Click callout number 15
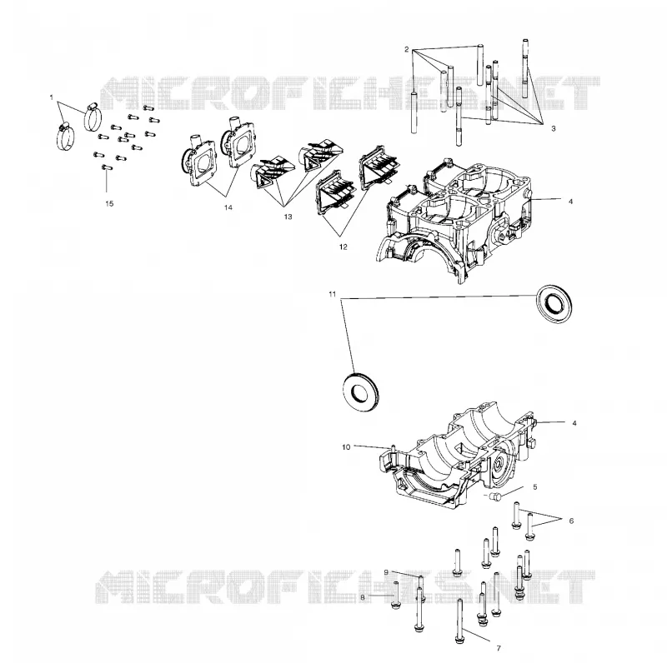click(x=109, y=203)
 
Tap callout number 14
click(x=228, y=207)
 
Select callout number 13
click(x=288, y=217)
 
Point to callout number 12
click(x=344, y=247)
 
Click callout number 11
click(x=333, y=294)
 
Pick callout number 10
click(x=346, y=447)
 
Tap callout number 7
click(x=499, y=649)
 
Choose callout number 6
click(x=571, y=521)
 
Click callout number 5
click(x=535, y=487)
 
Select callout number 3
click(x=554, y=128)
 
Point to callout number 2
click(x=407, y=49)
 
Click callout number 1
click(x=52, y=97)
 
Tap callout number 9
click(x=386, y=572)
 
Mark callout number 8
click(x=363, y=597)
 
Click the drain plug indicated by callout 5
click(x=495, y=496)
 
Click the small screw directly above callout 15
click(x=107, y=167)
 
